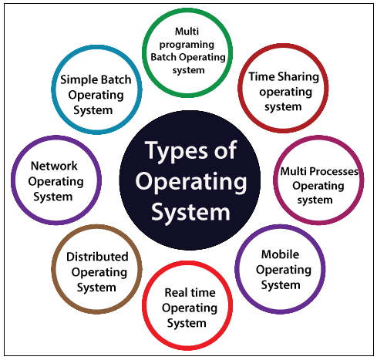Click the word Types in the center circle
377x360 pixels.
pyautogui.click(x=176, y=151)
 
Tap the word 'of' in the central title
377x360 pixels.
pyautogui.click(x=226, y=150)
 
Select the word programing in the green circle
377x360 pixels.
pyautogui.click(x=187, y=45)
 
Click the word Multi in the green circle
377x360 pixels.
pyautogui.click(x=187, y=32)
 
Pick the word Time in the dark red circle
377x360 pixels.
pyautogui.click(x=261, y=76)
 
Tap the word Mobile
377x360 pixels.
pyautogui.click(x=281, y=254)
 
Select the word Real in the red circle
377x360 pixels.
pyautogui.click(x=176, y=292)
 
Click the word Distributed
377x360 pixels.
pyautogui.click(x=97, y=257)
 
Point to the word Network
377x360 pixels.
pyautogui.click(x=54, y=166)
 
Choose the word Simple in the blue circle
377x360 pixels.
pyautogui.click(x=77, y=80)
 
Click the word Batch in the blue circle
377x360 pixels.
pyautogui.click(x=115, y=79)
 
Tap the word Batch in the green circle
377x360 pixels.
pyautogui.click(x=163, y=57)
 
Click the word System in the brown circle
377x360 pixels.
pyautogui.click(x=96, y=288)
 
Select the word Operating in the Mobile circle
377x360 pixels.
pyautogui.click(x=284, y=271)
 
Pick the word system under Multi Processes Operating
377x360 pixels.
pyautogui.click(x=315, y=200)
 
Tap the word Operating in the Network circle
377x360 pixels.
pyautogui.click(x=56, y=182)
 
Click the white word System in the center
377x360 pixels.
pyautogui.click(x=190, y=212)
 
